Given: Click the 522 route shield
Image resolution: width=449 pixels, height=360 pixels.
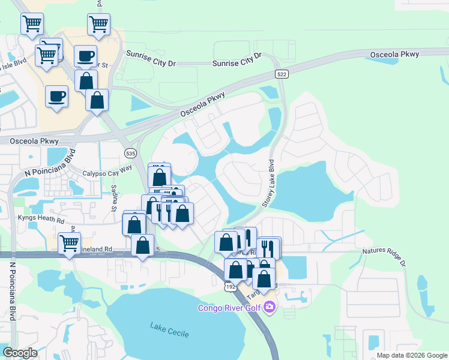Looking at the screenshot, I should (x=282, y=74).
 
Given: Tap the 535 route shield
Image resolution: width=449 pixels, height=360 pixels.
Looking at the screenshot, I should (x=131, y=154).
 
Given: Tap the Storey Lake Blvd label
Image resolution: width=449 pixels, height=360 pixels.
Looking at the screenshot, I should (x=268, y=183).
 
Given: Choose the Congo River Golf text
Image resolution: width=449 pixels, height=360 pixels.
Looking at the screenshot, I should (x=231, y=308).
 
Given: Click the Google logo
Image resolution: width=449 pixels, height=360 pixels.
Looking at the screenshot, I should (x=19, y=353).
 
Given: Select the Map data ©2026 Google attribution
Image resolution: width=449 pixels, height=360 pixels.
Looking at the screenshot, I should (x=412, y=355).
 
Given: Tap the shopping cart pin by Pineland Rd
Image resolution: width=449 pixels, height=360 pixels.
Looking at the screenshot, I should (x=69, y=244).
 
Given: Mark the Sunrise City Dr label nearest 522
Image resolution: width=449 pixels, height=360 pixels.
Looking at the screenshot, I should (x=237, y=59).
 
